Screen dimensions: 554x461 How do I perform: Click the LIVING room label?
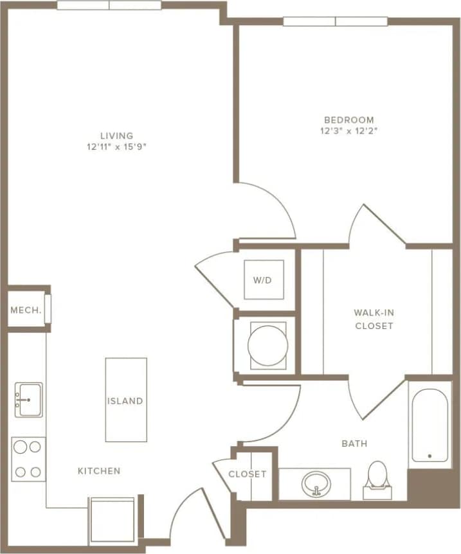[x=116, y=136]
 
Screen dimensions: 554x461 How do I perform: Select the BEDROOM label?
[x=348, y=120]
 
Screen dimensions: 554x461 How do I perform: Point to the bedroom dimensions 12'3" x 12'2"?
[x=348, y=130]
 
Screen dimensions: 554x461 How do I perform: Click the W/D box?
[x=264, y=280]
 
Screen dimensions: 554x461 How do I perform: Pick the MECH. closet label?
[x=26, y=310]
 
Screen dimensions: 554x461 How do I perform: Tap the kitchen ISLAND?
[x=126, y=400]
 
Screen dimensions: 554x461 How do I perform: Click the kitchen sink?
[x=28, y=400]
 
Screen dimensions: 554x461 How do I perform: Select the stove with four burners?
[x=28, y=459]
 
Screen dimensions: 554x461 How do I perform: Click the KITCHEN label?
[x=99, y=471]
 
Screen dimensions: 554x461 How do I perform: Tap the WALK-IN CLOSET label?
[x=374, y=319]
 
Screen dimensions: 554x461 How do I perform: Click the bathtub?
[x=429, y=424]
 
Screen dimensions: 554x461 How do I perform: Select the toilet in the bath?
[x=377, y=478]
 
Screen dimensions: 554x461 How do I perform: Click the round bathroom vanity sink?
[x=315, y=483]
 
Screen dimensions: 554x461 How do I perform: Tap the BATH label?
[x=354, y=443]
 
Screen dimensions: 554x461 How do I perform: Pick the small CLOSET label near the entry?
[x=248, y=474]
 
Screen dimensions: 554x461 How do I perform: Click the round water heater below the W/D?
[x=267, y=345]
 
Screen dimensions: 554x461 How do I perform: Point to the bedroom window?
[x=335, y=21]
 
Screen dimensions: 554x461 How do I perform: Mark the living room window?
[x=109, y=5]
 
